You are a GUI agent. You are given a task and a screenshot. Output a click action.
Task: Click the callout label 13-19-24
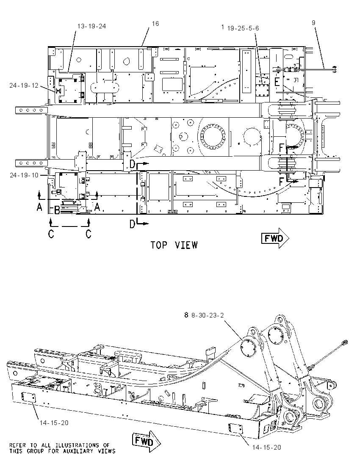[x=91, y=26]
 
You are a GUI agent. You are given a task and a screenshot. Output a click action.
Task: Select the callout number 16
[x=155, y=23]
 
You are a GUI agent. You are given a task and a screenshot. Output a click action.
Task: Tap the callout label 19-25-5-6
[x=243, y=28]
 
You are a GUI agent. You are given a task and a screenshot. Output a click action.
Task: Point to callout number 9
[x=313, y=22]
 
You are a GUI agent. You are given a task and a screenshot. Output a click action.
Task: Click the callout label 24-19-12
[x=24, y=86]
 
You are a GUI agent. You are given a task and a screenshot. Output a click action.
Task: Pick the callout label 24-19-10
[x=24, y=175]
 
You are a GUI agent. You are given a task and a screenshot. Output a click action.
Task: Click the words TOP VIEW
[x=174, y=245]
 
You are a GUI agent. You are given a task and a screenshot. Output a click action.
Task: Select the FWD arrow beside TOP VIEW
[x=275, y=238]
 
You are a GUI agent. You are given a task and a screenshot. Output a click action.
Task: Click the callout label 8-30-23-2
[x=208, y=315]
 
